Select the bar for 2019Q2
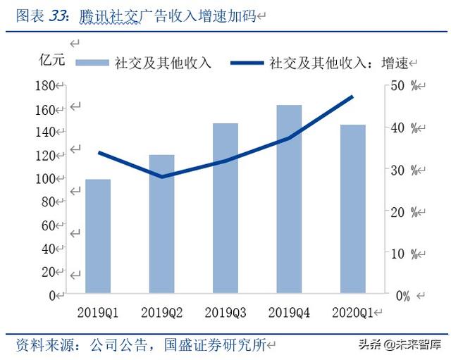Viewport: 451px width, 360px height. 161,224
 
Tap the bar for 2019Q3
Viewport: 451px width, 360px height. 225,208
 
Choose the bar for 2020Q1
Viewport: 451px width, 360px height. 353,209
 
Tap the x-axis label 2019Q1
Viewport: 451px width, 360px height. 98,311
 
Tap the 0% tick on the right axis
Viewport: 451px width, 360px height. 402,296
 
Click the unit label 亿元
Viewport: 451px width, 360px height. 51,60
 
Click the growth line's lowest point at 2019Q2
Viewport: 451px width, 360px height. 162,176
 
